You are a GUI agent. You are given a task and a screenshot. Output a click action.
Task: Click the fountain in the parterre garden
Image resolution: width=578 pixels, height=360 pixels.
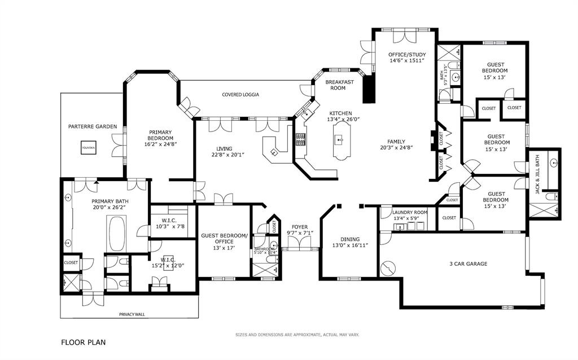(88, 148)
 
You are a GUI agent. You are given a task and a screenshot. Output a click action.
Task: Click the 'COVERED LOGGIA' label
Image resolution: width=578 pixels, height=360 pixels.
(240, 95)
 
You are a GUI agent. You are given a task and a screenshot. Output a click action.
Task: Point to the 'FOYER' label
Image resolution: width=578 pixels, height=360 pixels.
(299, 227)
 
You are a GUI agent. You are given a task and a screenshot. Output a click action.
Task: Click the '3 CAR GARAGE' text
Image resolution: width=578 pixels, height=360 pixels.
(468, 264)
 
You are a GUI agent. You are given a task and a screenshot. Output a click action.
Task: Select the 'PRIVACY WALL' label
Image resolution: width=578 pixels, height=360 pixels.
(132, 314)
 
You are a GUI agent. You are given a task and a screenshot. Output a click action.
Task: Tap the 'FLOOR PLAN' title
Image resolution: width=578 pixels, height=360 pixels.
(83, 342)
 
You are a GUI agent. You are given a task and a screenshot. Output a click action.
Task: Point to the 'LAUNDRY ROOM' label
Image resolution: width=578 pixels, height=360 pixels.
(410, 212)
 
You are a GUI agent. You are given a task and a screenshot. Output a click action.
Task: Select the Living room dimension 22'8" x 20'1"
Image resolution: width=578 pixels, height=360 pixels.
(228, 155)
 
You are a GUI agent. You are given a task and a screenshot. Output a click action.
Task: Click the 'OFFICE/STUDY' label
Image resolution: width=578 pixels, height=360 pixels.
(407, 55)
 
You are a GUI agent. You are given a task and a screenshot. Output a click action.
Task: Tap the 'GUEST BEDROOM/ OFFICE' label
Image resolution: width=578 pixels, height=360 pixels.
(224, 239)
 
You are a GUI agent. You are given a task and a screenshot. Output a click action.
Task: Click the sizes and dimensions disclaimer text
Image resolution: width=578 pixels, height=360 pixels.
(297, 335)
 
